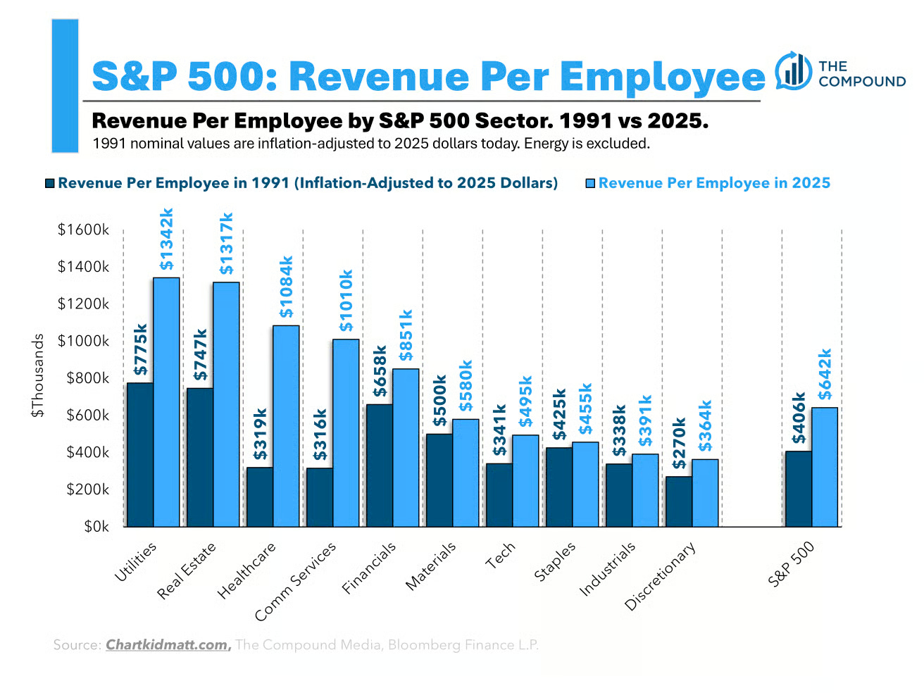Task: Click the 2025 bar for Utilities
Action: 166,402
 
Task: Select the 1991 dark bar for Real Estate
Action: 200,457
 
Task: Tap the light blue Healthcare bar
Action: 286,426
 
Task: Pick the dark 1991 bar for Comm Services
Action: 320,497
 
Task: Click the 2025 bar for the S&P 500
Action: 825,467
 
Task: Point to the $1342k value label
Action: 166,239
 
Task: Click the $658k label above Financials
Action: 380,371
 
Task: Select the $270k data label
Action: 679,444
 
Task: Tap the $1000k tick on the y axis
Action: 84,341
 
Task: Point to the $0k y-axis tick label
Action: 96,527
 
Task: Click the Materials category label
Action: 431,566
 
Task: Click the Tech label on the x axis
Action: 501,556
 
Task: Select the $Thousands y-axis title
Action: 37,375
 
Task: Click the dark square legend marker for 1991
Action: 49,183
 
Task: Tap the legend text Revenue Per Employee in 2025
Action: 714,183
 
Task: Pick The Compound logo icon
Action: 793,71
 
